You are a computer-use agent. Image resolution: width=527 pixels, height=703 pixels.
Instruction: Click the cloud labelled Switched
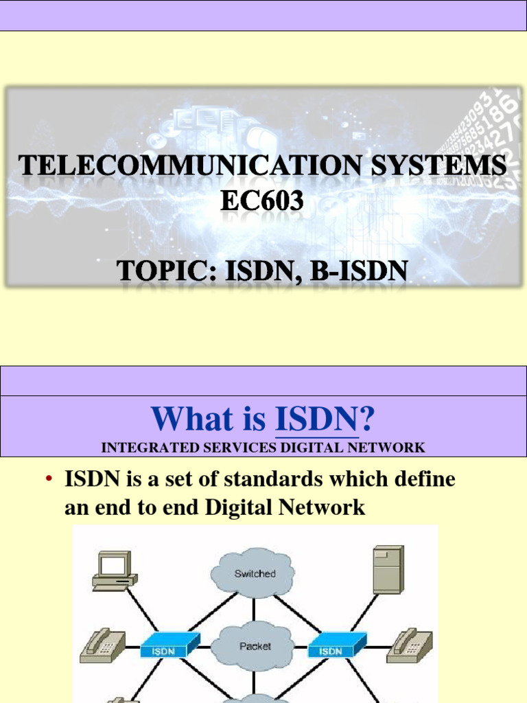[x=255, y=573]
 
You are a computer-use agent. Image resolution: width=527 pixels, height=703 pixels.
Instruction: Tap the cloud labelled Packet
[x=255, y=646]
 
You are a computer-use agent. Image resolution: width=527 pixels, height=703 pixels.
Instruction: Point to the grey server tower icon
[x=388, y=569]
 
